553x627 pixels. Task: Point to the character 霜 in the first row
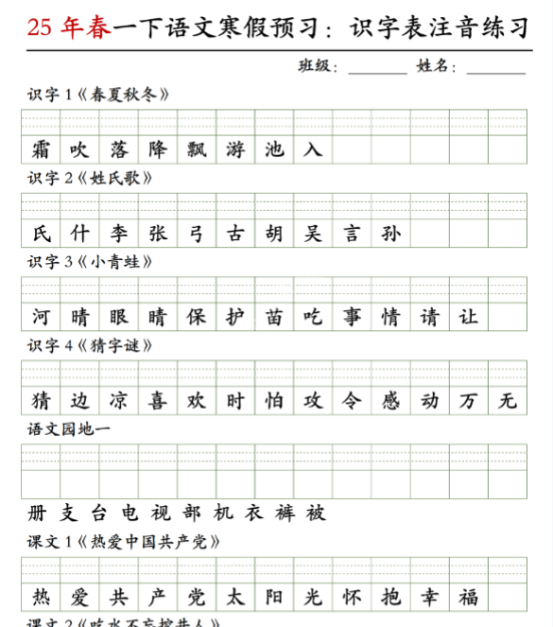point(41,149)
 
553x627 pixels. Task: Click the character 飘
point(197,149)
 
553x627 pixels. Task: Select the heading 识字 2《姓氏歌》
point(90,178)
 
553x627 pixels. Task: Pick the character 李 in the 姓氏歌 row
point(119,234)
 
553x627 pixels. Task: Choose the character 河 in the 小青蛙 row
point(41,317)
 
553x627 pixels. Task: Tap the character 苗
point(274,317)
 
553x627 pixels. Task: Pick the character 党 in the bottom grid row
point(197,597)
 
